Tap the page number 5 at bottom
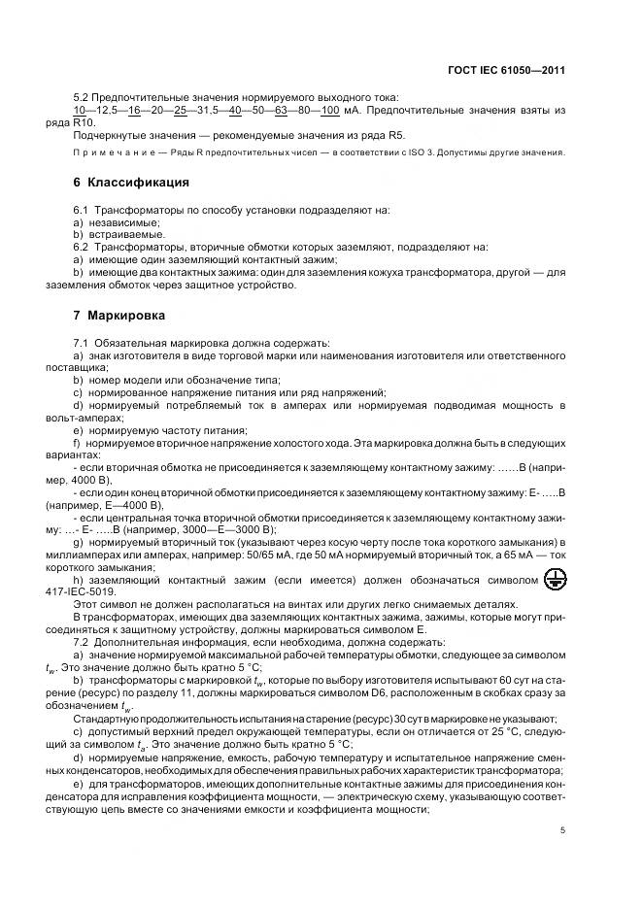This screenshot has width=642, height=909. pyautogui.click(x=562, y=830)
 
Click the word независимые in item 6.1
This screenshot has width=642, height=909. pyautogui.click(x=123, y=221)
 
